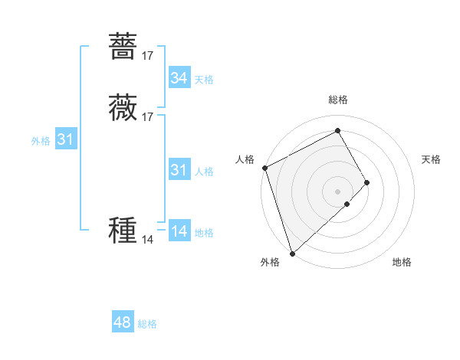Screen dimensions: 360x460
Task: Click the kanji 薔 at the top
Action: coord(123,45)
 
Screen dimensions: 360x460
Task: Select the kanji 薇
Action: coord(123,107)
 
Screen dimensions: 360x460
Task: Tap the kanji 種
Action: coord(123,230)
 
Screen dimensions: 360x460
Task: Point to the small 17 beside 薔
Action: coord(148,55)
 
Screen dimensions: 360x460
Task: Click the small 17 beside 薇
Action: coord(148,117)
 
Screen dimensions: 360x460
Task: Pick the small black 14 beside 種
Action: coord(148,240)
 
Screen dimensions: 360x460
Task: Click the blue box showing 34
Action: coord(179,78)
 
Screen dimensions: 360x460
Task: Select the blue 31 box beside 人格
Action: coord(179,170)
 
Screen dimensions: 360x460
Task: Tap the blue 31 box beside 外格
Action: coord(65,139)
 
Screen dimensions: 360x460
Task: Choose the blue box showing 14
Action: coord(179,231)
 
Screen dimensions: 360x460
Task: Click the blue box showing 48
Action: coord(123,322)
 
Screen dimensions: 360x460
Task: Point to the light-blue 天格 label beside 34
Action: coord(204,80)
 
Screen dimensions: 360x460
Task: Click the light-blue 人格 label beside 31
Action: coord(204,172)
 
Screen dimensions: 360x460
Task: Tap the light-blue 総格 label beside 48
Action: coord(147,324)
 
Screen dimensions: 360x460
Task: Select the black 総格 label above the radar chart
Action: coord(338,100)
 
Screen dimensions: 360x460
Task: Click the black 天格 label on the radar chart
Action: coord(432,159)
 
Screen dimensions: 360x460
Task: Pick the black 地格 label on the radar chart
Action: coord(402,262)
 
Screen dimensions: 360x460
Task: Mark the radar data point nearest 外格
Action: coord(291,253)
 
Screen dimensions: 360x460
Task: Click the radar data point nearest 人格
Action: coord(264,168)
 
